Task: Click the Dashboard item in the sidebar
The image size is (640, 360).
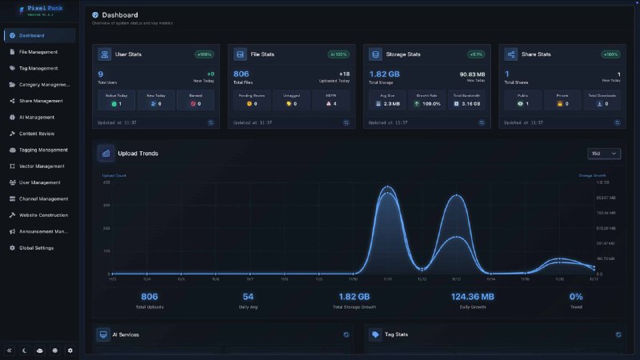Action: coord(33,35)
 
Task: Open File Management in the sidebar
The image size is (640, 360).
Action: coord(38,52)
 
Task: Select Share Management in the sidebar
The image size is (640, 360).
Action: coord(41,101)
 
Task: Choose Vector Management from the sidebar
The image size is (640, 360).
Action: coord(42,166)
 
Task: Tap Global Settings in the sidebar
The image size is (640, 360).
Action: coord(37,248)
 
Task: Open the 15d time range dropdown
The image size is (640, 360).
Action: coord(604,153)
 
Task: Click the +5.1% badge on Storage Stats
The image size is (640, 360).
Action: coord(476,54)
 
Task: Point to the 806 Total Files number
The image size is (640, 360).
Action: coord(241,74)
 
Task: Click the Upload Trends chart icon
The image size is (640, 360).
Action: coord(106,153)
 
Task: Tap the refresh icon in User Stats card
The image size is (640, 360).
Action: coord(211,122)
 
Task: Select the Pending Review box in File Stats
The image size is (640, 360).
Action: coord(251,100)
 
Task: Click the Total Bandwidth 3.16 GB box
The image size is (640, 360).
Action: coord(466,100)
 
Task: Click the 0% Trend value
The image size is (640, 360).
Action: coord(576,296)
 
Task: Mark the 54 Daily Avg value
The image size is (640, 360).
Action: coord(247,296)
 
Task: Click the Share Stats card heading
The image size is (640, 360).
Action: coord(534,54)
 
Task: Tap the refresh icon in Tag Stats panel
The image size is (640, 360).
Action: coord(618,334)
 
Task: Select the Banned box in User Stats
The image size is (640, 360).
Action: coord(195,100)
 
